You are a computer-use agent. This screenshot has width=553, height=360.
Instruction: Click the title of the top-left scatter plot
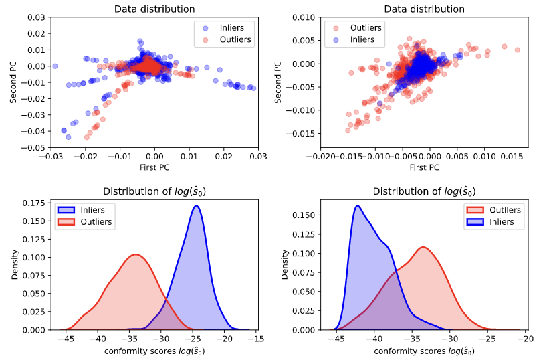154,9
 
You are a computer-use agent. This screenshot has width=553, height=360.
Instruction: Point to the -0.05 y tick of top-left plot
34,147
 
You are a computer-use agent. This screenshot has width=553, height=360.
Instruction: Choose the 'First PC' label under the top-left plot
154,167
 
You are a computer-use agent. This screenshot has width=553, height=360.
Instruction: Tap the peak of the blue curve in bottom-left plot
197,206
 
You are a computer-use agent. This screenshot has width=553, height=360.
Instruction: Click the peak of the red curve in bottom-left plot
136,254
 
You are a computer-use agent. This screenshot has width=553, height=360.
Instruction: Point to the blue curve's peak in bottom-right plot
358,205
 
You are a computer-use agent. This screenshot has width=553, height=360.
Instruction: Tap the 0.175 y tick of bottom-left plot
34,203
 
